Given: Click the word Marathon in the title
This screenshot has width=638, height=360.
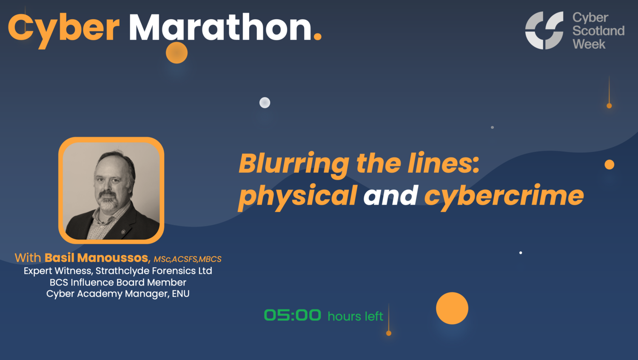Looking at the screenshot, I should [220, 28].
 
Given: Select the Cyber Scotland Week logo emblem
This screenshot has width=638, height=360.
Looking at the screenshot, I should [544, 30].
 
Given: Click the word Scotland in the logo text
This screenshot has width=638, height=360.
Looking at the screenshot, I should [598, 31].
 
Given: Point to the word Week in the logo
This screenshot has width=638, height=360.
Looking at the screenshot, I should [589, 44].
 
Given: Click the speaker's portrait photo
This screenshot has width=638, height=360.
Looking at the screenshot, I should [111, 190].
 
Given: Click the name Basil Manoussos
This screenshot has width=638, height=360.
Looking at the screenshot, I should [97, 258].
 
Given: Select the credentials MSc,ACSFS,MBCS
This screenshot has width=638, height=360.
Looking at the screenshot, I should [188, 259].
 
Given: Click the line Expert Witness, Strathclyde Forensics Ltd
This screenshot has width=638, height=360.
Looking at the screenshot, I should [118, 271].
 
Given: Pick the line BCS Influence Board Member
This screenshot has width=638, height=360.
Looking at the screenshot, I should [118, 282].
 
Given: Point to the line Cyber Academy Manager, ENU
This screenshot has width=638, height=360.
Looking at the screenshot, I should [118, 294].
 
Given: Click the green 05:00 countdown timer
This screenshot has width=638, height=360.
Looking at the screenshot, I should [292, 315].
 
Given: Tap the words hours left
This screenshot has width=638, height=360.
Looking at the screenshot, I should [355, 316].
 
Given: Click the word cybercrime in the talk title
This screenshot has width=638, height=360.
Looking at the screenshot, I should [504, 196].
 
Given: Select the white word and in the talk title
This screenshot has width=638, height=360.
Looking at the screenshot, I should [390, 196].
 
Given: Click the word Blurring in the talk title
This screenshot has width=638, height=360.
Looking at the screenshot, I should [293, 164].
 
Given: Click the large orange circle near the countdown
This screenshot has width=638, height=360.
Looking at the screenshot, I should [452, 308].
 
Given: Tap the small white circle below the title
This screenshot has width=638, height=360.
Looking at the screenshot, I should [265, 103].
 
